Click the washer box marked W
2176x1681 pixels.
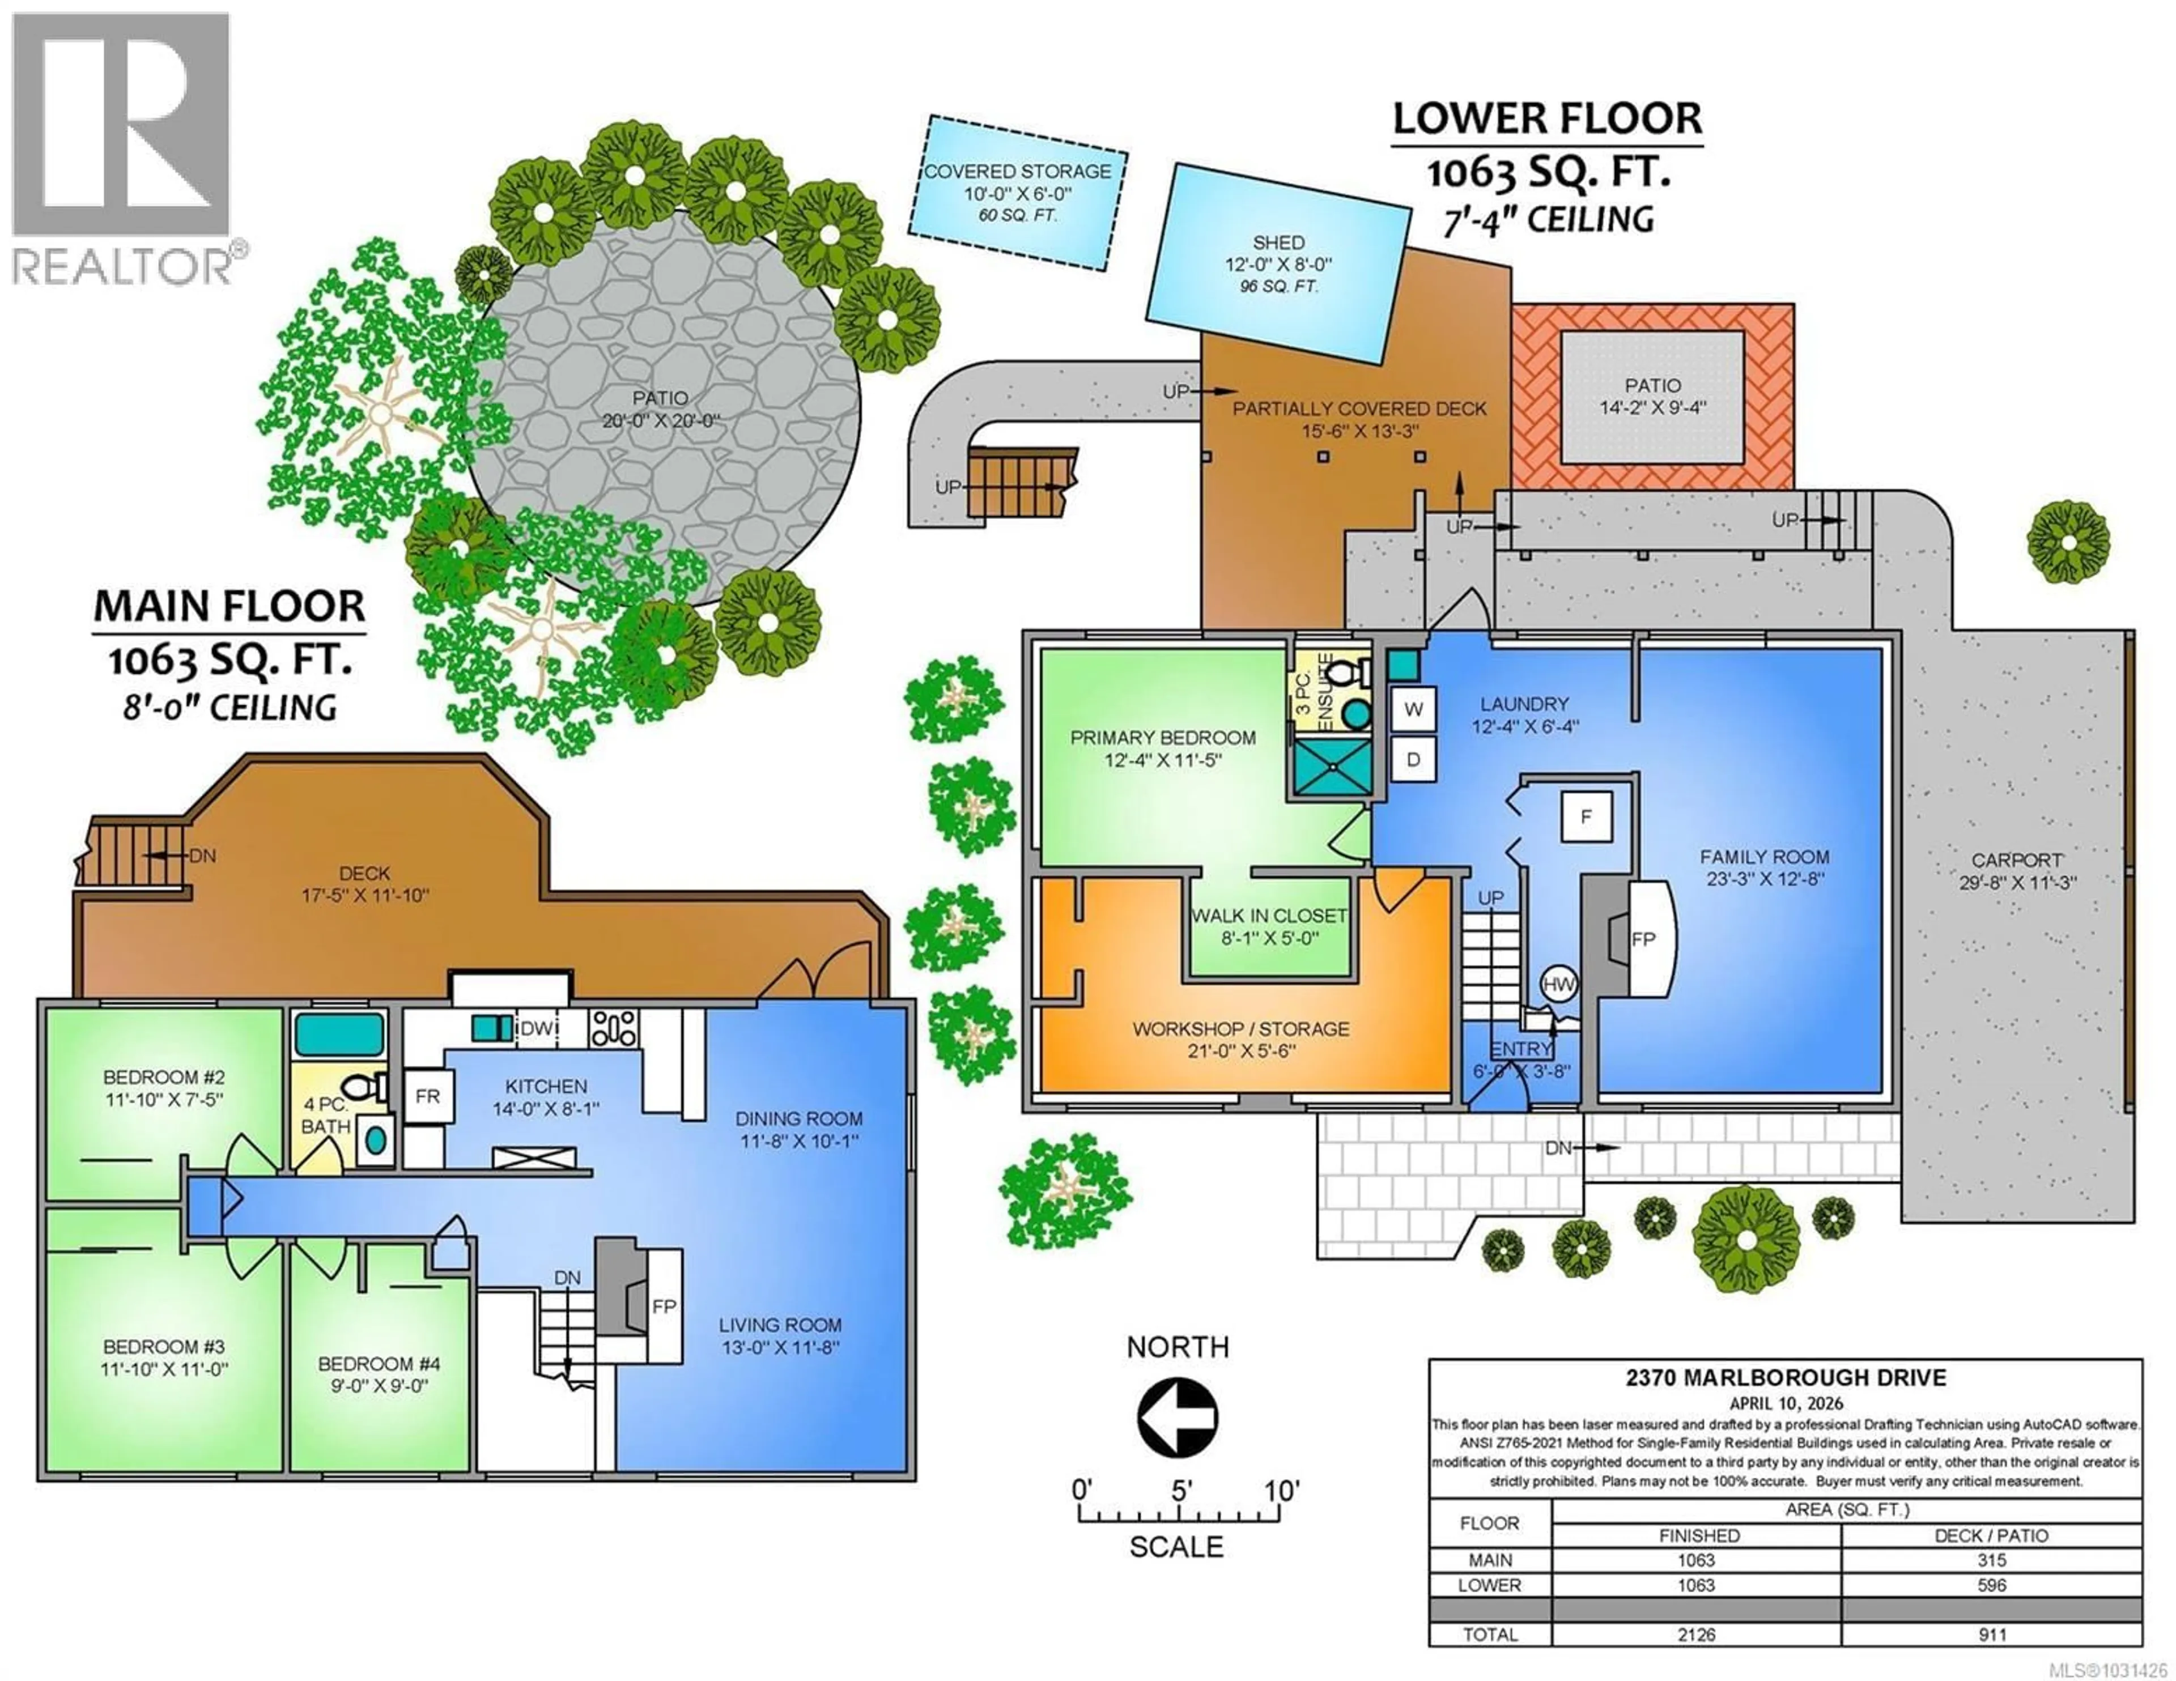click(1413, 709)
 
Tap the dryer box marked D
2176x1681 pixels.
click(1413, 759)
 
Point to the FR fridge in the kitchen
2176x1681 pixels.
click(427, 1096)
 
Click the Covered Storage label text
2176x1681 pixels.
click(1017, 172)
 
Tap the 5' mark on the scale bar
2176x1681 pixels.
click(1181, 1492)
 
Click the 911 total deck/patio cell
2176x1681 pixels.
click(1991, 1634)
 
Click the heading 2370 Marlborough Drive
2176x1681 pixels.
click(1786, 1378)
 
